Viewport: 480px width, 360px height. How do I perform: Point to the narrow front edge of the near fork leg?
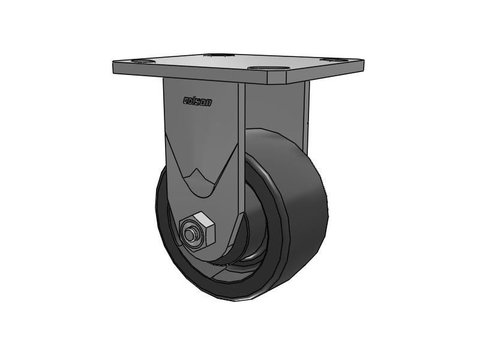241,150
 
